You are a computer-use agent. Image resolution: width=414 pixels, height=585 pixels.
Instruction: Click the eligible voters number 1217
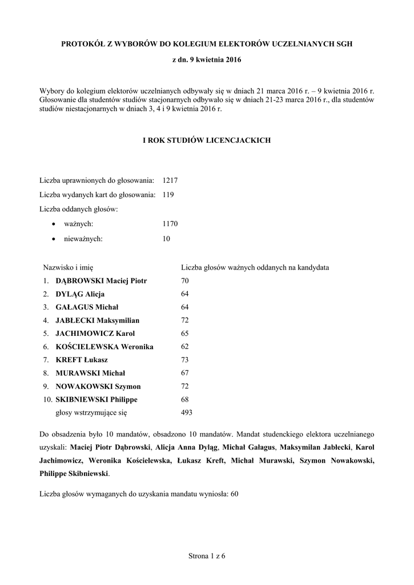(170, 180)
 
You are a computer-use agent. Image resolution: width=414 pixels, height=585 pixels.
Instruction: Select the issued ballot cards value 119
(168, 195)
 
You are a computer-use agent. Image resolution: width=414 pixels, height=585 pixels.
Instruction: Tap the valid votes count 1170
(170, 225)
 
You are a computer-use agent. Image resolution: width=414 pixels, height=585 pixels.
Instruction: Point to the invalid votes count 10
(166, 239)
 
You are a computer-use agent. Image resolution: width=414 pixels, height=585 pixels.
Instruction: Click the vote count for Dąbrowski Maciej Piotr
(185, 281)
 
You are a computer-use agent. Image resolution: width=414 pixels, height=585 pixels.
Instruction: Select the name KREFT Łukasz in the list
(82, 360)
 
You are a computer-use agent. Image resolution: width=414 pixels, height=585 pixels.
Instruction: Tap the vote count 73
(185, 360)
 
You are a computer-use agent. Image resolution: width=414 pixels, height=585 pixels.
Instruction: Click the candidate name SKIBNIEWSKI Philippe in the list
(96, 399)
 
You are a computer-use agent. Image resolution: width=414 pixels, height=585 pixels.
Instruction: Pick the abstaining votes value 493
(187, 412)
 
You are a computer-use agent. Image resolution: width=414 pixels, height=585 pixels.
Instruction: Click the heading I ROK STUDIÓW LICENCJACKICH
(207, 140)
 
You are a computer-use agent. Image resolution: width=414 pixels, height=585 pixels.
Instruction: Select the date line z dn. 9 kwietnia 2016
(207, 60)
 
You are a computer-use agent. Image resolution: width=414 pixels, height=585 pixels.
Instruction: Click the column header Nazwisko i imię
(68, 267)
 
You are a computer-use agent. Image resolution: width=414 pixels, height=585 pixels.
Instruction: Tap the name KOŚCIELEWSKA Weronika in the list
(104, 347)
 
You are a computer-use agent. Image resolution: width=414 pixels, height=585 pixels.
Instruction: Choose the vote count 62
(185, 347)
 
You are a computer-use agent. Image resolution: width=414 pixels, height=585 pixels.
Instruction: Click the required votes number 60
(234, 494)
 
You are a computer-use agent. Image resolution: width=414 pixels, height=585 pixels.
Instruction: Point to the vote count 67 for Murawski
(185, 373)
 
